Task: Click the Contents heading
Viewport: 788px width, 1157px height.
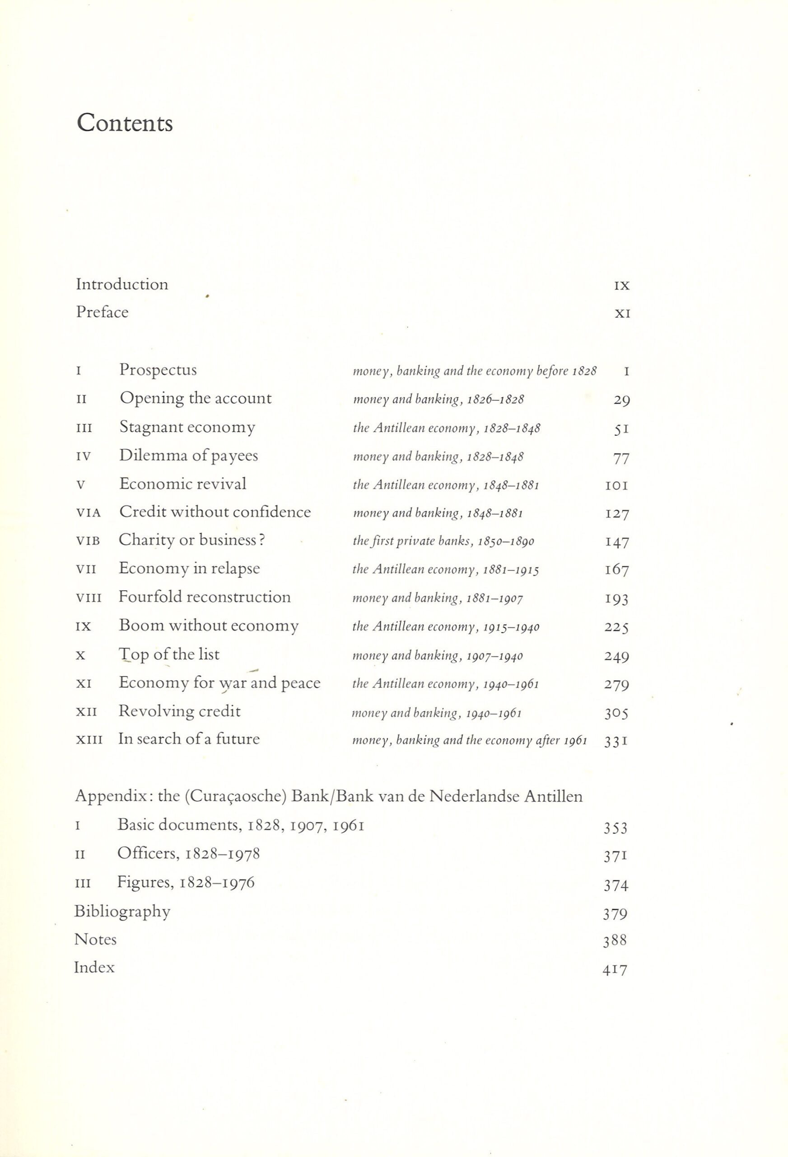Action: (x=125, y=123)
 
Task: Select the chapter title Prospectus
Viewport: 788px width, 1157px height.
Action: (x=158, y=370)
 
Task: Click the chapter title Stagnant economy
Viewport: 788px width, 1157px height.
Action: (x=187, y=427)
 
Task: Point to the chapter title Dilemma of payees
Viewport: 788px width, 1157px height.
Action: (x=189, y=456)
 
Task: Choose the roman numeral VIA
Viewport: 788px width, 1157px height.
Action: (x=88, y=513)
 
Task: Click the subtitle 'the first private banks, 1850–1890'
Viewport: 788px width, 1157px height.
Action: (x=443, y=541)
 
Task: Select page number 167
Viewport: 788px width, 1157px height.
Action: (x=617, y=569)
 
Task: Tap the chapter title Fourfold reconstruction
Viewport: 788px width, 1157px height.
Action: (x=205, y=597)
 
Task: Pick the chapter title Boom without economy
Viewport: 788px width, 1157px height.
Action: (x=209, y=626)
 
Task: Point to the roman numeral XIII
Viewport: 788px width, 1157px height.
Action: (x=89, y=740)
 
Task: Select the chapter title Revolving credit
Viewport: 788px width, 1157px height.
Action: (x=179, y=711)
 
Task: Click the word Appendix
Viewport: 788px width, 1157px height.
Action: (x=113, y=796)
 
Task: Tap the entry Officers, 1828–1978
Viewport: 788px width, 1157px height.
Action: (x=189, y=854)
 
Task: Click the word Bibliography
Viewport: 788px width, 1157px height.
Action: (x=122, y=912)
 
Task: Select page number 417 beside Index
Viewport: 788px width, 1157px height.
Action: (x=615, y=969)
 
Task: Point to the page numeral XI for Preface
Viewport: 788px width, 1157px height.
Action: (x=622, y=314)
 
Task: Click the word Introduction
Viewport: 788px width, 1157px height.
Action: (x=122, y=284)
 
